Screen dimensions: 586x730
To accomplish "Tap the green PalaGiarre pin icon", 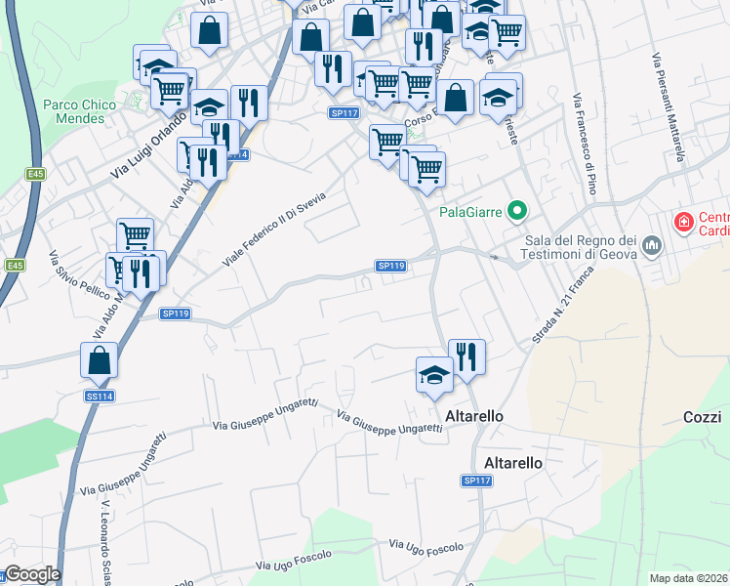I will (519, 210).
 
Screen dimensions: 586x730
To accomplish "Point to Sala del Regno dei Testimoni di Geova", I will (580, 247).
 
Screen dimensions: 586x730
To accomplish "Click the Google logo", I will (31, 574).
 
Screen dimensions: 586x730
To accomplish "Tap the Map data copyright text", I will (689, 578).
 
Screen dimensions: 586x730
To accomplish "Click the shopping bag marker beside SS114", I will (100, 359).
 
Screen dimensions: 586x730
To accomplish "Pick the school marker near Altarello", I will (434, 375).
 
